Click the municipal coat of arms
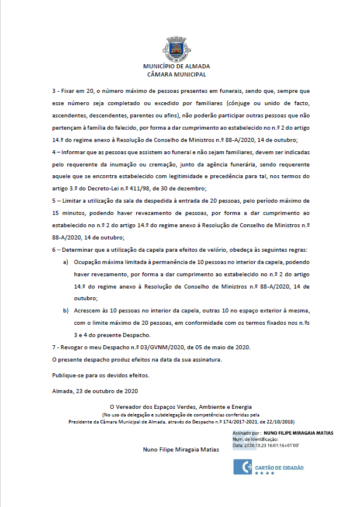176,48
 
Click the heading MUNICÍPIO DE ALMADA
176,67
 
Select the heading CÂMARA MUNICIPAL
176,75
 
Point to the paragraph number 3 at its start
54,92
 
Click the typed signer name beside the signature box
181,450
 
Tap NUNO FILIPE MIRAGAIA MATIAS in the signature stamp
298,433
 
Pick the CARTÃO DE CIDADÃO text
281,468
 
